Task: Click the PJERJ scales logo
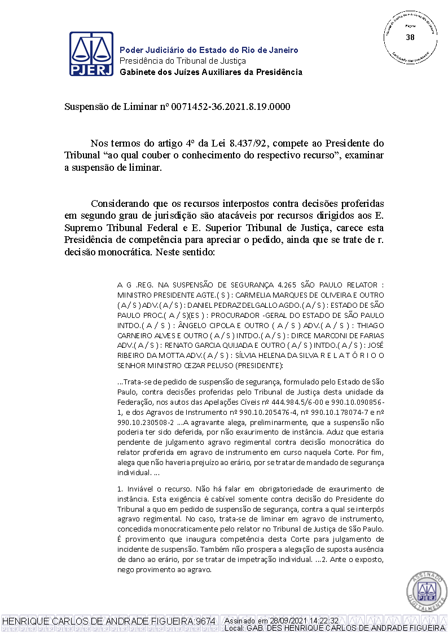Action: coord(91,54)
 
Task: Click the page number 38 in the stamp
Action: coord(410,37)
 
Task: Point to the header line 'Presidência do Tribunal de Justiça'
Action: coord(183,61)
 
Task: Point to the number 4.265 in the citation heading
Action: coord(288,285)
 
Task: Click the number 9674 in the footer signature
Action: coord(205,621)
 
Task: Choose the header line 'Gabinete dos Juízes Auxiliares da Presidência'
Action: coord(211,72)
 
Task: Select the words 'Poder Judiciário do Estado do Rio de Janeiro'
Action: coord(209,50)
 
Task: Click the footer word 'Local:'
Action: coord(235,628)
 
